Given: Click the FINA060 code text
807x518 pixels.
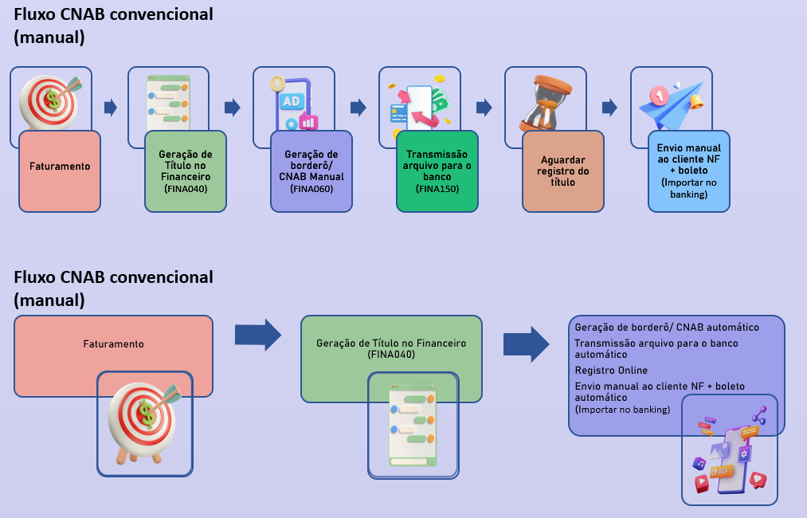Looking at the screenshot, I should point(311,189).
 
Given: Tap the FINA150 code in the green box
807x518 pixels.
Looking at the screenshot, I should point(437,189).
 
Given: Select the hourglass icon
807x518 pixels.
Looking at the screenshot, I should point(545,103).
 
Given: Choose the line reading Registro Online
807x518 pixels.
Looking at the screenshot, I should point(611,371).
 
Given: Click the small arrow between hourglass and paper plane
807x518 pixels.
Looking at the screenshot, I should point(610,108).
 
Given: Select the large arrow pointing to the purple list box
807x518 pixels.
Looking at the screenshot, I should point(526,344).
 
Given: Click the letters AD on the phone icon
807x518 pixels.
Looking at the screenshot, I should point(292,101).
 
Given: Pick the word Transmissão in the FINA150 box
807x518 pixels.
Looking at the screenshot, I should point(437,155).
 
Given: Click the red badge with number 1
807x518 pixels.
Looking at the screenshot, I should point(658,96).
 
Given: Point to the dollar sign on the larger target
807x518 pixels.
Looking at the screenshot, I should point(145,414).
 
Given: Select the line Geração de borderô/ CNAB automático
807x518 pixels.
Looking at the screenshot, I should point(667,328).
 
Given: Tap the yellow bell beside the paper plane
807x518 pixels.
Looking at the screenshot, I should point(697,101).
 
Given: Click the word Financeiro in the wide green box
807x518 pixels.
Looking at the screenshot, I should point(437,343).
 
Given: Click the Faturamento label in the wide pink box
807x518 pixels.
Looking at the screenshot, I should point(113,344).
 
